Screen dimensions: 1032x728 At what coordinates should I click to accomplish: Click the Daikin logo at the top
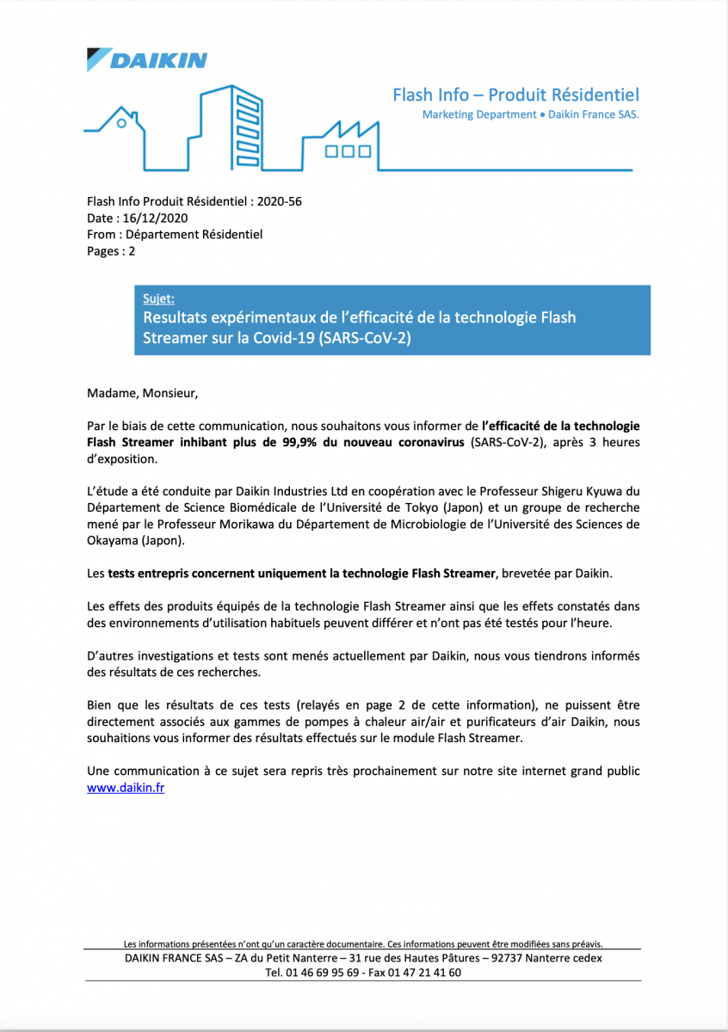click(147, 59)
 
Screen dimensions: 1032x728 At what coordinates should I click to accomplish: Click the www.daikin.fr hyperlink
click(126, 787)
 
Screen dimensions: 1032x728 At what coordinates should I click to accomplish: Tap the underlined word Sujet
click(158, 300)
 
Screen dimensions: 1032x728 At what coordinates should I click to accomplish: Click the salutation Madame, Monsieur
click(142, 394)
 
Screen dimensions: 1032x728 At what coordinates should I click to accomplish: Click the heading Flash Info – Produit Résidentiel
click(515, 95)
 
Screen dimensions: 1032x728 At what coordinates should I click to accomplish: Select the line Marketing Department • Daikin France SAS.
click(530, 115)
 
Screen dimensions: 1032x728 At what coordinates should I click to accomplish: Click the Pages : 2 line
click(111, 251)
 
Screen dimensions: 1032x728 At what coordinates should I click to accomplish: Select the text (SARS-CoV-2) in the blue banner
click(365, 338)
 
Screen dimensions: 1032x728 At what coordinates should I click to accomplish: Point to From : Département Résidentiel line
click(175, 235)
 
